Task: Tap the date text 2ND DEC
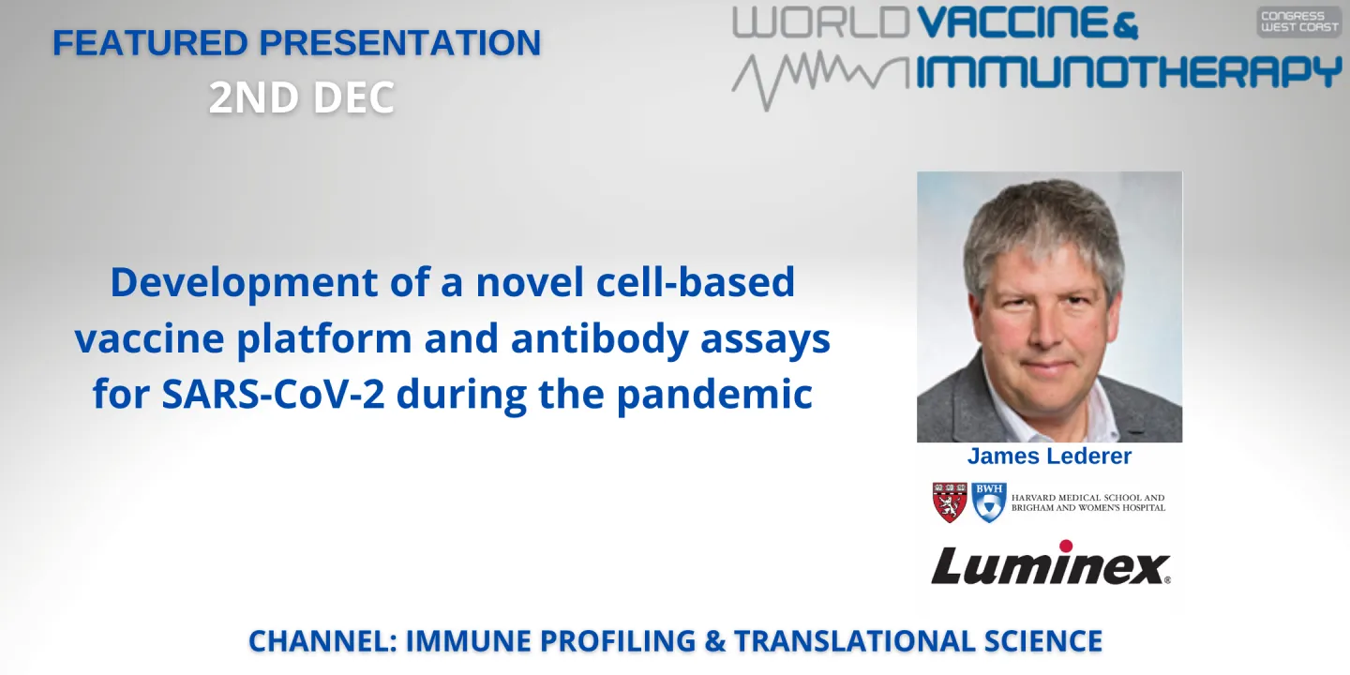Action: tap(302, 97)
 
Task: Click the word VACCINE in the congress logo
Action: tap(1015, 22)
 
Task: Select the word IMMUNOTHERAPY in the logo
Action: tap(1129, 72)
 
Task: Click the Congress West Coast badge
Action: tap(1298, 22)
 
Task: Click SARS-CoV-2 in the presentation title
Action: tap(275, 395)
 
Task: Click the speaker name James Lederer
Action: tap(1049, 457)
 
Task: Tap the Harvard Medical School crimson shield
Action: tap(950, 502)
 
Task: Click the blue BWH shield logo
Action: tap(988, 502)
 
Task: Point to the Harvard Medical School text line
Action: tap(1087, 498)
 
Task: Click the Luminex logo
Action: tap(1050, 565)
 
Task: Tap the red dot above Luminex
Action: tap(1066, 546)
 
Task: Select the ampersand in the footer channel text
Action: tap(714, 641)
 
